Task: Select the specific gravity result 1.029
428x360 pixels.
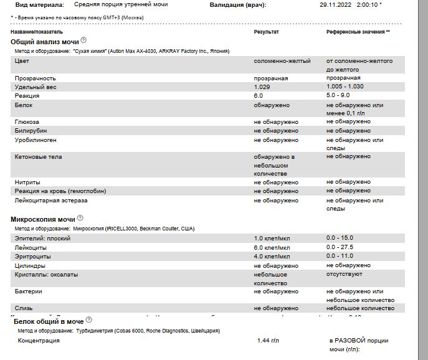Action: click(x=261, y=87)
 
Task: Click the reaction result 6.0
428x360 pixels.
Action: click(x=258, y=96)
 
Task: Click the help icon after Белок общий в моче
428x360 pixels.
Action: click(x=89, y=320)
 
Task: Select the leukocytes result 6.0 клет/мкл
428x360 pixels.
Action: click(x=272, y=247)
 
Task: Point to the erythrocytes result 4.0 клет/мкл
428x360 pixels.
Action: click(x=272, y=256)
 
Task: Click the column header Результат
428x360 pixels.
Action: click(x=266, y=31)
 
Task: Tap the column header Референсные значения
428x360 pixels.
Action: click(x=358, y=31)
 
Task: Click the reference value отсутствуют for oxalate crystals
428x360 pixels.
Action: click(x=344, y=273)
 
